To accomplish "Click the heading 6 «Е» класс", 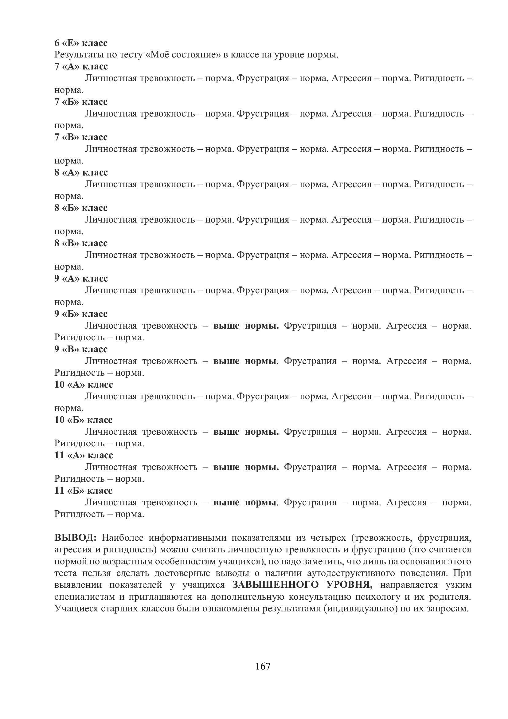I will [x=81, y=43].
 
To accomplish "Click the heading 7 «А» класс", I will [x=81, y=66].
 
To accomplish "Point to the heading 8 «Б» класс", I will [x=81, y=207].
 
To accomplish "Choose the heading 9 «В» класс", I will [x=81, y=349].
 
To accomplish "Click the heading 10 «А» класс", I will [x=84, y=384].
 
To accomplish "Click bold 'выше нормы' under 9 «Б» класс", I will [x=246, y=326].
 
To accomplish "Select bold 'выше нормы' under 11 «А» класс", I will [x=246, y=467].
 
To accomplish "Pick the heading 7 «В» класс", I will [x=81, y=137].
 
